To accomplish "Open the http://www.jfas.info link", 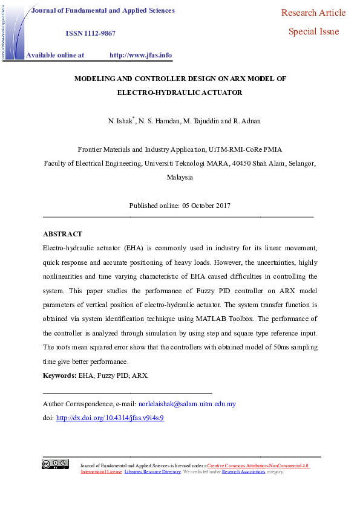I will point(140,55).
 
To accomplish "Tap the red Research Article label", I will point(313,13).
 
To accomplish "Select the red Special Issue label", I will point(313,31).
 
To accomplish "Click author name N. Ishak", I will point(120,121).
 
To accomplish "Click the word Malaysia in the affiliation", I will point(180,177).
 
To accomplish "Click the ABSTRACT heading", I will point(62,234).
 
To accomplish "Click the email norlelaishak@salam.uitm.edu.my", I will point(187,404).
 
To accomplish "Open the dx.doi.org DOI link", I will point(110,418).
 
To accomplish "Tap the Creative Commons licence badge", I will point(55,464).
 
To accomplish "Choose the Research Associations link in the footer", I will point(243,472).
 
